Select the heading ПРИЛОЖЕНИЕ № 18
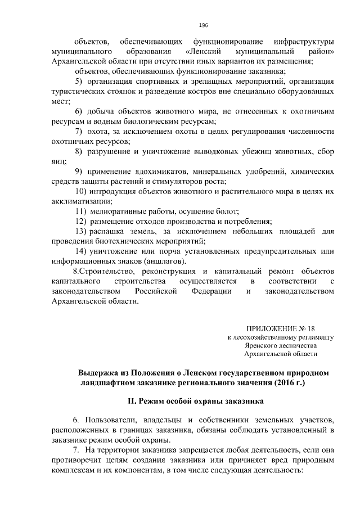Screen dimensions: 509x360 click(x=282, y=328)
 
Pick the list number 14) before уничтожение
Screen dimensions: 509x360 click(x=80, y=251)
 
